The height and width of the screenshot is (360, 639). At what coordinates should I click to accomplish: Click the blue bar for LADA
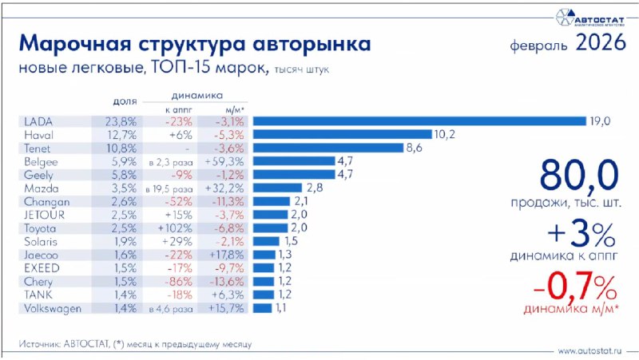coord(420,121)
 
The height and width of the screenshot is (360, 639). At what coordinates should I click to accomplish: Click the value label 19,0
coord(601,121)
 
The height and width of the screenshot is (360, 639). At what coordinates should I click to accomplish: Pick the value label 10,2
coord(444,134)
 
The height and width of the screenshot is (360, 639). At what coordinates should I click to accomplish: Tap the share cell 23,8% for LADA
coord(121,121)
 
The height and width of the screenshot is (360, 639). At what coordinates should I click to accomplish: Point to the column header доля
coord(125,102)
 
